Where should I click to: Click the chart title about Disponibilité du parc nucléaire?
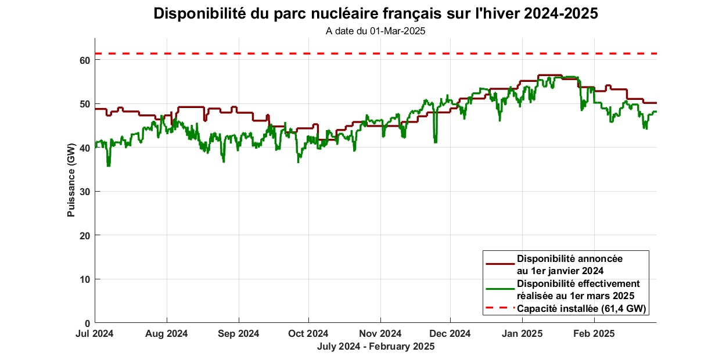tap(375, 14)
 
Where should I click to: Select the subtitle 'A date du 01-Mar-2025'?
tap(375, 31)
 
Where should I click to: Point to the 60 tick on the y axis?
tap(84, 60)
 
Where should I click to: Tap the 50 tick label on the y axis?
tap(84, 104)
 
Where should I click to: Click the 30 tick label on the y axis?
tap(84, 192)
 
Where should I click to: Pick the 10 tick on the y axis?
tap(84, 279)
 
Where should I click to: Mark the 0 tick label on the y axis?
tap(87, 323)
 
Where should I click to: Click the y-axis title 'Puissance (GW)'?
tap(71, 180)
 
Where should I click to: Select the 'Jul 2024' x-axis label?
tap(95, 334)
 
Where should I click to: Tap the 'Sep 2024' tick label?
tap(239, 334)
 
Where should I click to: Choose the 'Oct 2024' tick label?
tap(308, 334)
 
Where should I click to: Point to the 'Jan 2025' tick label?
tap(522, 334)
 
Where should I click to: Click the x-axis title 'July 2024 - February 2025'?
tap(375, 346)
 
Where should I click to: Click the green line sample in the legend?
tap(500, 289)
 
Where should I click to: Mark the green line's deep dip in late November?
tap(436, 141)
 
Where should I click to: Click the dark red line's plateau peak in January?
tap(550, 75)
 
